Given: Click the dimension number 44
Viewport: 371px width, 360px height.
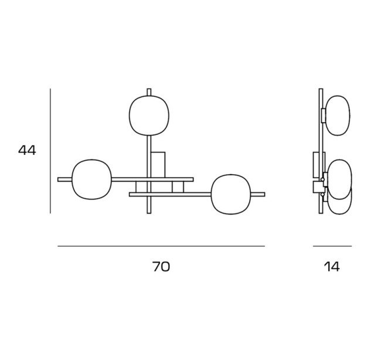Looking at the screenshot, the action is [x=27, y=150].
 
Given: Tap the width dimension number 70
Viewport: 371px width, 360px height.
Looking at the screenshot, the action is [x=161, y=267].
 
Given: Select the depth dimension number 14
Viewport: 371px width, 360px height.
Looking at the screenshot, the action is [x=332, y=267].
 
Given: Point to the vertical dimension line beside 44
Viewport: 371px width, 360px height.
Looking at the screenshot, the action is [x=50, y=151].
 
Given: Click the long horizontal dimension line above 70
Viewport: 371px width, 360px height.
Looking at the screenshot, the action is [x=161, y=246].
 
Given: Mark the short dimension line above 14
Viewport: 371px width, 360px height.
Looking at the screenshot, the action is [x=332, y=246].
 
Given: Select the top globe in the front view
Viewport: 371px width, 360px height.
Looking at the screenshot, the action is [x=149, y=116].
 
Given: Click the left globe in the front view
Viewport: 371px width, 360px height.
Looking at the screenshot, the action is [x=91, y=179].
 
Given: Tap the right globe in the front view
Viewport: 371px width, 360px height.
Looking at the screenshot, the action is [x=231, y=194].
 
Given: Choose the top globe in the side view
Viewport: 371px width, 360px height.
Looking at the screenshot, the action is [x=338, y=116].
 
